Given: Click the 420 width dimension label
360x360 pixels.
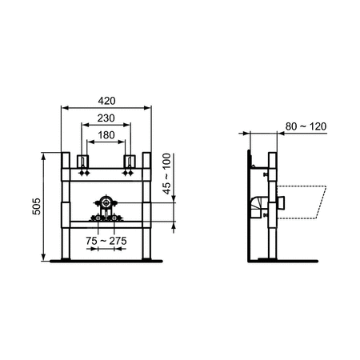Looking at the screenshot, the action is point(106,101).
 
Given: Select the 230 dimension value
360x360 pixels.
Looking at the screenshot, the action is point(106,118).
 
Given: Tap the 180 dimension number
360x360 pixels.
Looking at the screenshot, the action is point(106,135).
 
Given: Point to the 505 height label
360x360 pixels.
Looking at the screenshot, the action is point(36,206).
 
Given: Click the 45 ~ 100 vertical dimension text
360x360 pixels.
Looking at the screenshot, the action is point(166,174).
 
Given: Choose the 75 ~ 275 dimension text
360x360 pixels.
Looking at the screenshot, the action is point(106,241).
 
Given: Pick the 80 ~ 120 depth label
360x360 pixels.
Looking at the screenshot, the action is point(306,126).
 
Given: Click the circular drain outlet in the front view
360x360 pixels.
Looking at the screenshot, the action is point(106,203).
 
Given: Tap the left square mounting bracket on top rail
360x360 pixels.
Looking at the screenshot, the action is point(83,162).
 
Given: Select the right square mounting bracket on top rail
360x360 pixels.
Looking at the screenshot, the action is point(130,162).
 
